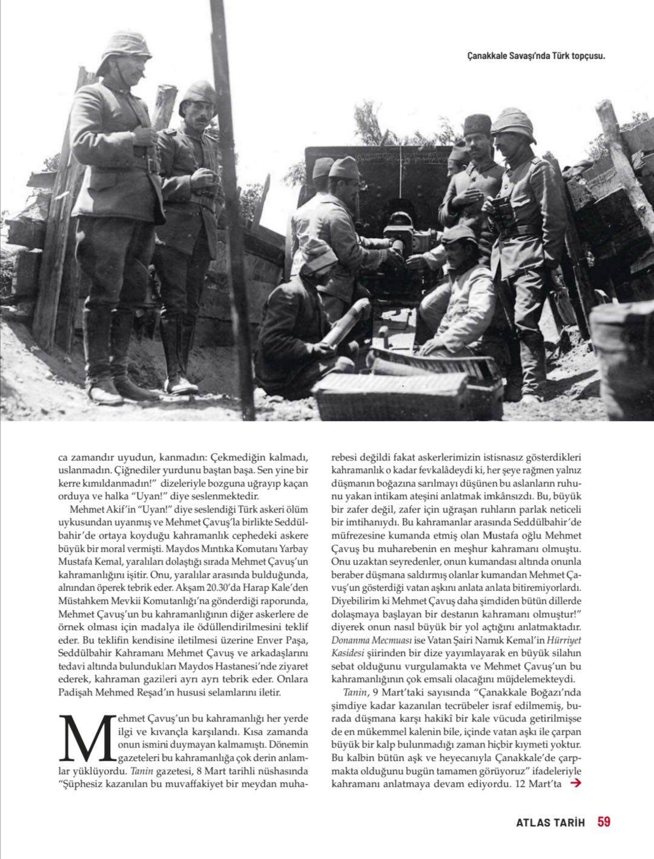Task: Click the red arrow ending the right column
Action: pos(576,783)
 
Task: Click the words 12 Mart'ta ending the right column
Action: pos(540,784)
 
